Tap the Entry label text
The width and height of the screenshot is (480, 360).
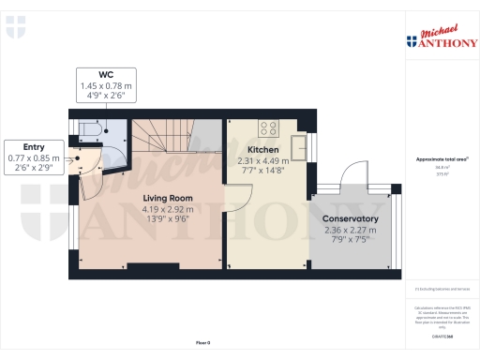coord(33,147)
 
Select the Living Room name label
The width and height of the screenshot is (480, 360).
coord(168,199)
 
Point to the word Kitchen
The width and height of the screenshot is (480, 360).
coord(262,150)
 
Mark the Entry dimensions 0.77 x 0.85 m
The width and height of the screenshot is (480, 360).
coord(33,158)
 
